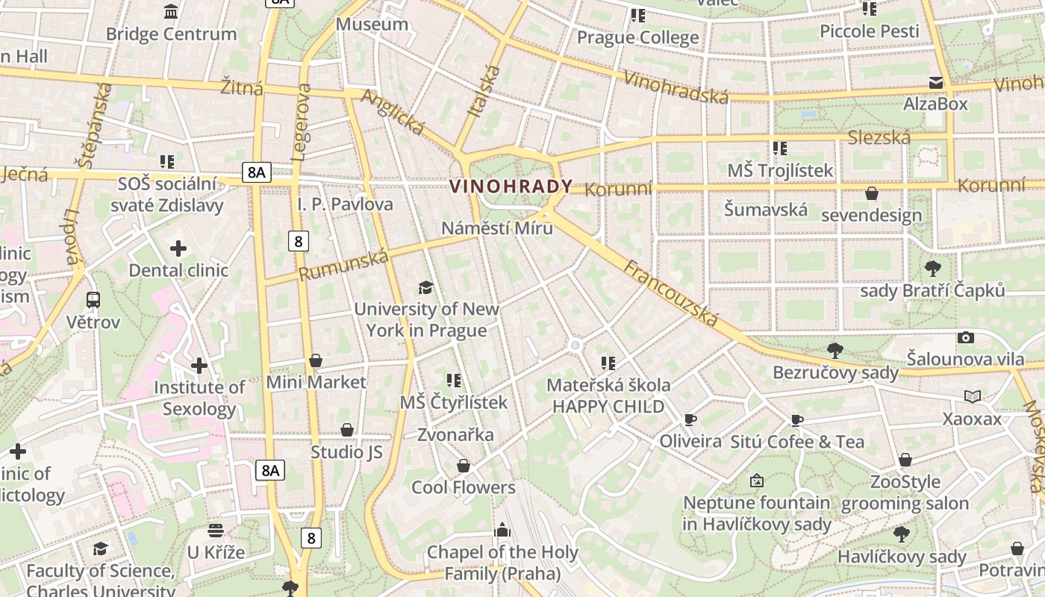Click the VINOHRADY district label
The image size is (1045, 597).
coord(511,187)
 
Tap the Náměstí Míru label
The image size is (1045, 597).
coord(497,228)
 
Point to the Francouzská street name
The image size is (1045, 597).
coord(671,294)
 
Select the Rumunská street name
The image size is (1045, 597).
coord(344,266)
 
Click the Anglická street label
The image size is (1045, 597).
coord(393,113)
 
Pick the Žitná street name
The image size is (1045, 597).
coord(242,87)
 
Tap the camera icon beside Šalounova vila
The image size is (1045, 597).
coord(966,337)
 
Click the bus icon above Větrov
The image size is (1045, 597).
coord(93,300)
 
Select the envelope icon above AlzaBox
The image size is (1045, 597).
coord(936,82)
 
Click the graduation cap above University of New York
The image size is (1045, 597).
coord(425,287)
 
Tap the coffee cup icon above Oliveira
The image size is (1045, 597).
coord(690,419)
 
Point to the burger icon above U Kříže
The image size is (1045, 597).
coord(216,531)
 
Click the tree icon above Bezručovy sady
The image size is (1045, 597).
coord(835,350)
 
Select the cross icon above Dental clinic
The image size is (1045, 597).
coord(178,249)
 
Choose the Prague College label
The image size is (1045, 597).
coord(638,37)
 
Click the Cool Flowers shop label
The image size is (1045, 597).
coord(464,488)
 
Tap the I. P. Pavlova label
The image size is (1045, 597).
coord(345,204)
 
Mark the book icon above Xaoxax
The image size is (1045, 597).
coord(973,396)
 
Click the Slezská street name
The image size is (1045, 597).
coord(879,137)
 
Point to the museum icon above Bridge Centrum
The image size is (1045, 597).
coord(171,12)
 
